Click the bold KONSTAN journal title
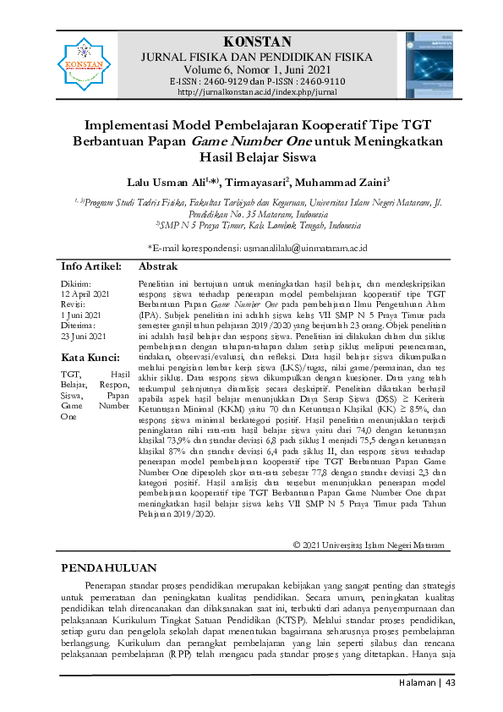pos(257,42)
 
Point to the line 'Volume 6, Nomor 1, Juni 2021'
pos(257,69)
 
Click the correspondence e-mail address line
pos(257,247)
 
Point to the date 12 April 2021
pos(86,293)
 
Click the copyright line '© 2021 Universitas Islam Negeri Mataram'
pos(368,545)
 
